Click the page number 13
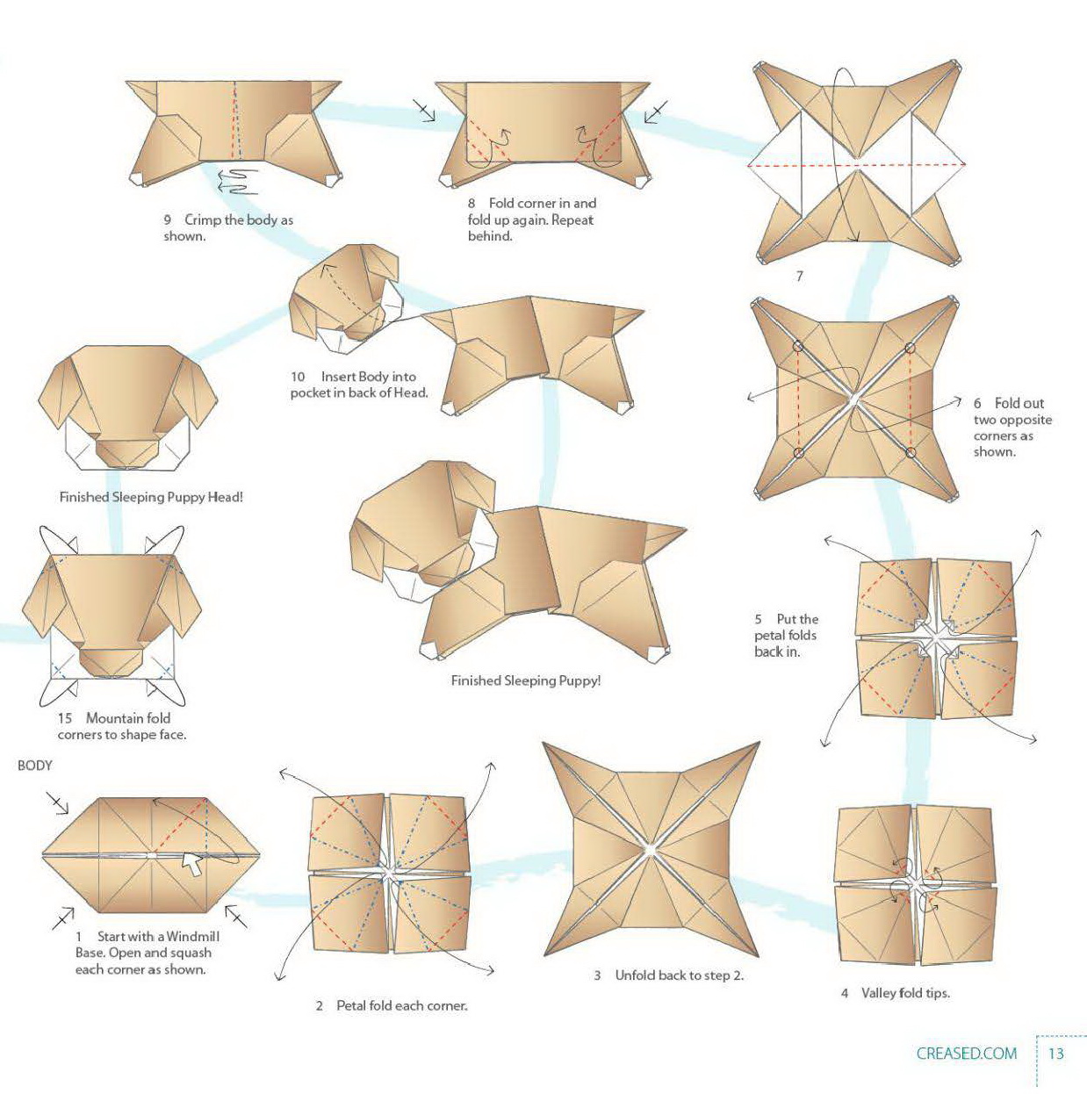(x=1055, y=1053)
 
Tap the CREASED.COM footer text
(x=966, y=1053)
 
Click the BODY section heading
(x=35, y=766)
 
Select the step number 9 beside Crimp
(x=168, y=220)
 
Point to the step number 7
(x=799, y=276)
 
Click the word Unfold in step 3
(x=636, y=975)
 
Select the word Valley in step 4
(x=879, y=993)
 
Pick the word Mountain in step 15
(x=128, y=717)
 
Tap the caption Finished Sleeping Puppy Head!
(x=151, y=497)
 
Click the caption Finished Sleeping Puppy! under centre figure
(x=526, y=680)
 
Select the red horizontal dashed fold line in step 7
(x=856, y=164)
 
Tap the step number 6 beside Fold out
(x=977, y=403)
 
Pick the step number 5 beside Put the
(x=759, y=619)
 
